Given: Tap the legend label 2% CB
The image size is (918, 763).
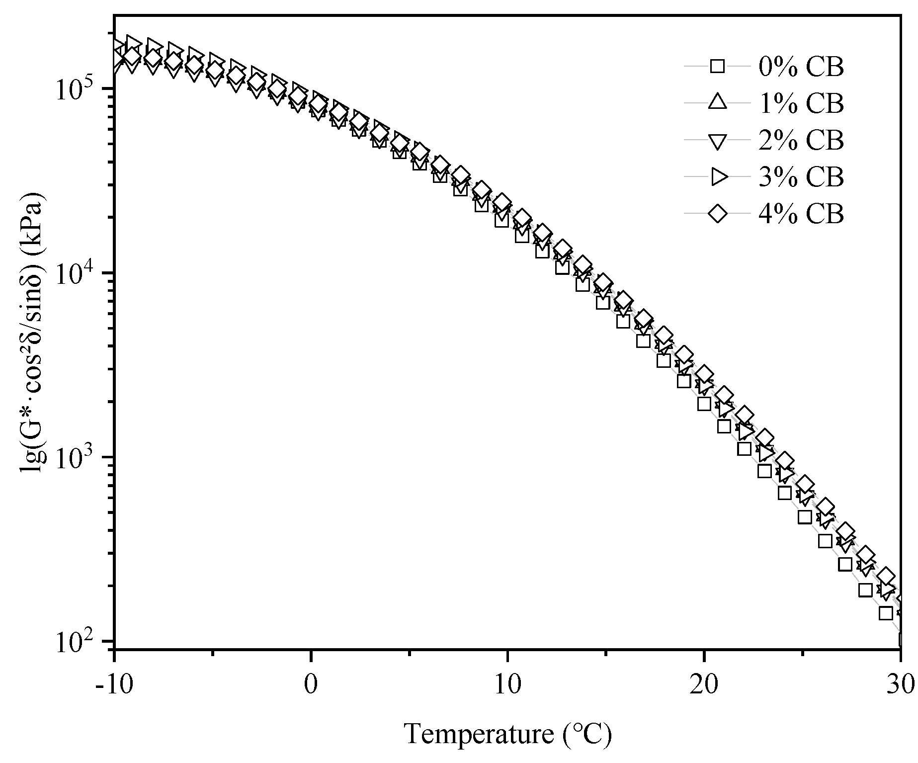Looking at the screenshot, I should pyautogui.click(x=801, y=141).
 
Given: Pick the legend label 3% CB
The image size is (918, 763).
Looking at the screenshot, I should pyautogui.click(x=801, y=177).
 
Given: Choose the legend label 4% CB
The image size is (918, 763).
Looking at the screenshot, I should pyautogui.click(x=801, y=214).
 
